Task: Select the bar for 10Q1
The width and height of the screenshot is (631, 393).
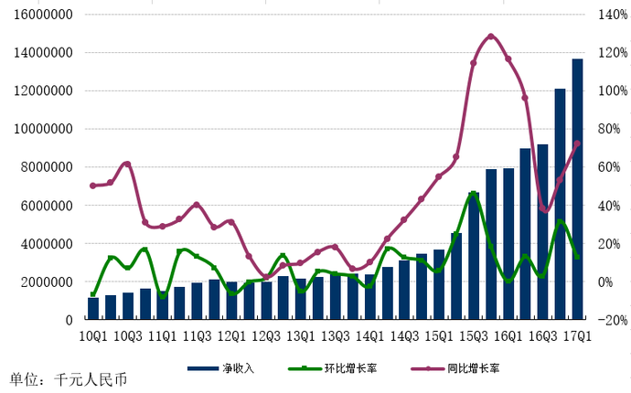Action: [93, 309]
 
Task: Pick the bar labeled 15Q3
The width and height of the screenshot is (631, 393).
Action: [474, 256]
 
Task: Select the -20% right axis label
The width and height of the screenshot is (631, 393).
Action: [610, 320]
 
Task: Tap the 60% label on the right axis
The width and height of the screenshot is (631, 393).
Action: [607, 167]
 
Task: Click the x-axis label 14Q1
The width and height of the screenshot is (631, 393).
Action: [369, 335]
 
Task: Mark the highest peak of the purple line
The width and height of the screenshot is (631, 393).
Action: [491, 37]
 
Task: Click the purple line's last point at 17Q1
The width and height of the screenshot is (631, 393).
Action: [577, 143]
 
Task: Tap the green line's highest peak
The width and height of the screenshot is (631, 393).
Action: [474, 193]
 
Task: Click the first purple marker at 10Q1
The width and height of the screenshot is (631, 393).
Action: [93, 186]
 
